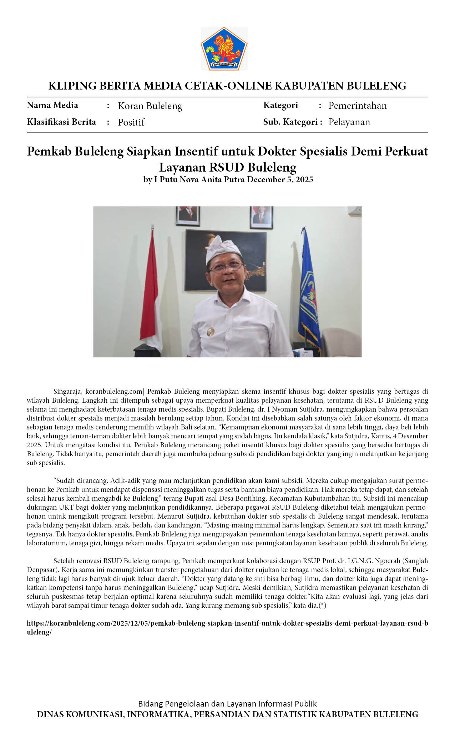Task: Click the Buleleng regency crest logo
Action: (224, 48)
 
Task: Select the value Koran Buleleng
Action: (150, 106)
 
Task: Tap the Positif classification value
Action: (131, 122)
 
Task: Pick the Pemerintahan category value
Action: (357, 106)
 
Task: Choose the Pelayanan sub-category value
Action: (349, 122)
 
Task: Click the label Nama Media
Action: (52, 105)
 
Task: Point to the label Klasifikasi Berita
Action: (61, 122)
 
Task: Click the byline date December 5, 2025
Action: (280, 179)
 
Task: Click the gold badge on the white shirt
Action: (211, 331)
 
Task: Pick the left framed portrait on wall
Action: (188, 216)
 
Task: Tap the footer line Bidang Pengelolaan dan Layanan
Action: (227, 704)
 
